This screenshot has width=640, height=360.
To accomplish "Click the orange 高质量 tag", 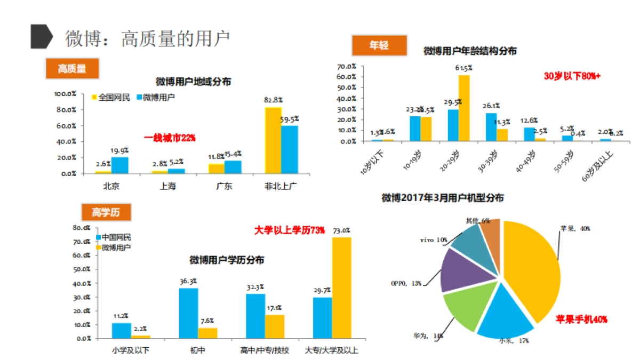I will tap(71, 68).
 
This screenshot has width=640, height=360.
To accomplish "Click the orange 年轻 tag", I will tap(379, 45).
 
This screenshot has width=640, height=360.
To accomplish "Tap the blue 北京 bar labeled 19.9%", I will tap(120, 165).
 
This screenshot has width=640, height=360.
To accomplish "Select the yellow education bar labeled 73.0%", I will tap(342, 288).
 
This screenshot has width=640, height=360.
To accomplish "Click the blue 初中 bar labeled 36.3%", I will tap(188, 313).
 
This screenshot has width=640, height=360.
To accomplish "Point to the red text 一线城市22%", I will tap(170, 138).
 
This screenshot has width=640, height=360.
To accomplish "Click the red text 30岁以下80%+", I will tap(572, 76).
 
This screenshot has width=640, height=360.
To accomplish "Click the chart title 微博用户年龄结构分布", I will tap(469, 51).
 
